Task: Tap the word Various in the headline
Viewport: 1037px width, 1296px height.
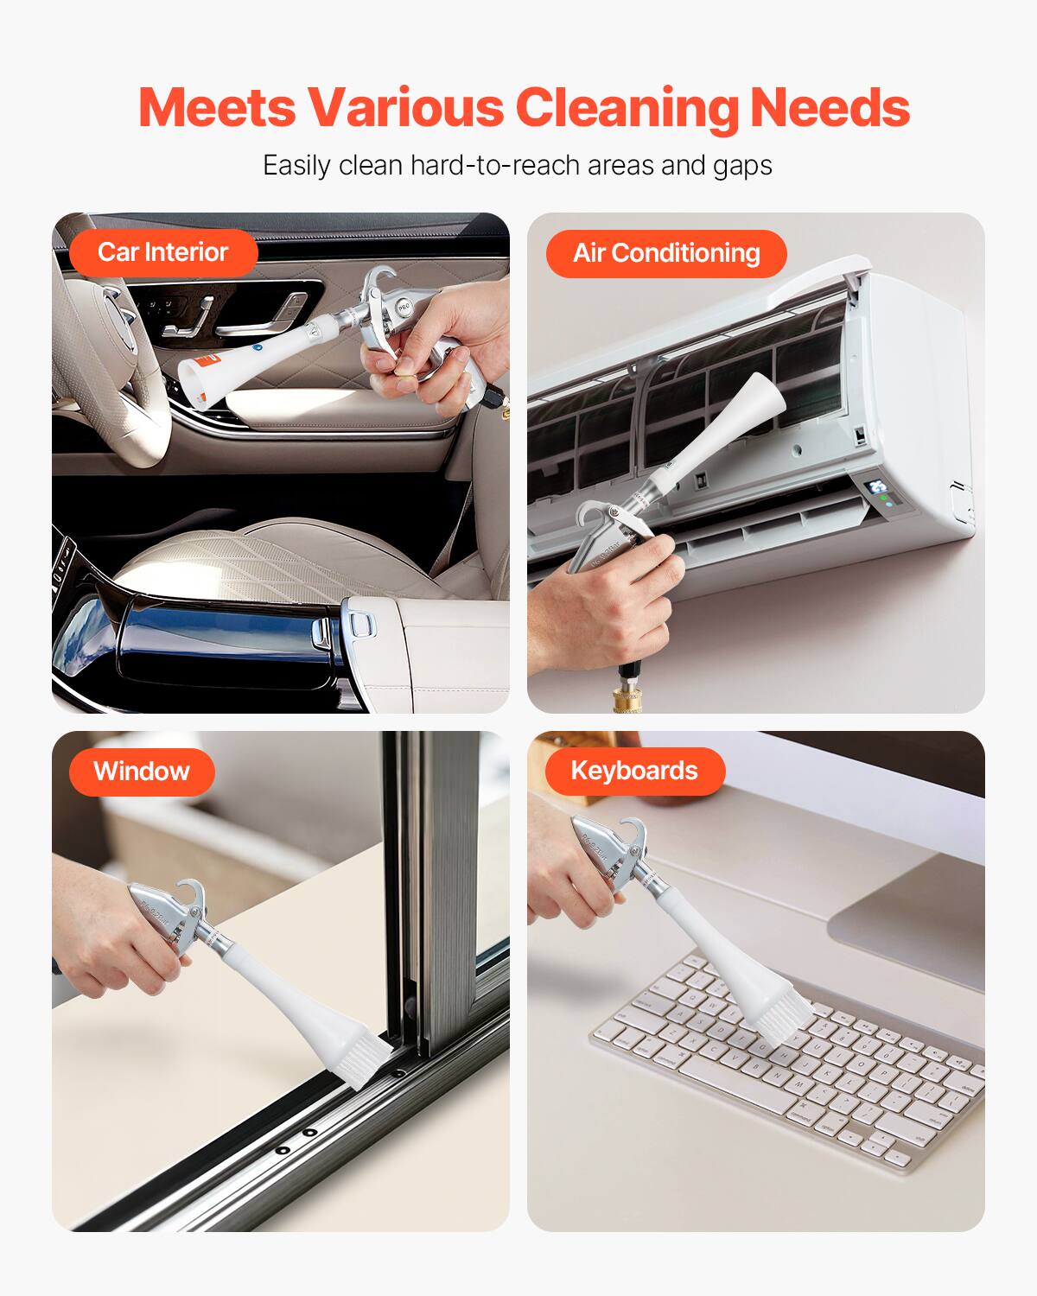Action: coord(405,108)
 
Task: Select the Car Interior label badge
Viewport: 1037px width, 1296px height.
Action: coord(162,252)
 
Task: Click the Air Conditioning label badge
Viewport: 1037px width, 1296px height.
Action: coord(665,253)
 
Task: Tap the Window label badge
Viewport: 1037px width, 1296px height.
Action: coord(141,771)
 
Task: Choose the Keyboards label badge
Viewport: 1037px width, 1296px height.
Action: coord(633,771)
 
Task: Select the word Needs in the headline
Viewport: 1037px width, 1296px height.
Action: coord(830,108)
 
